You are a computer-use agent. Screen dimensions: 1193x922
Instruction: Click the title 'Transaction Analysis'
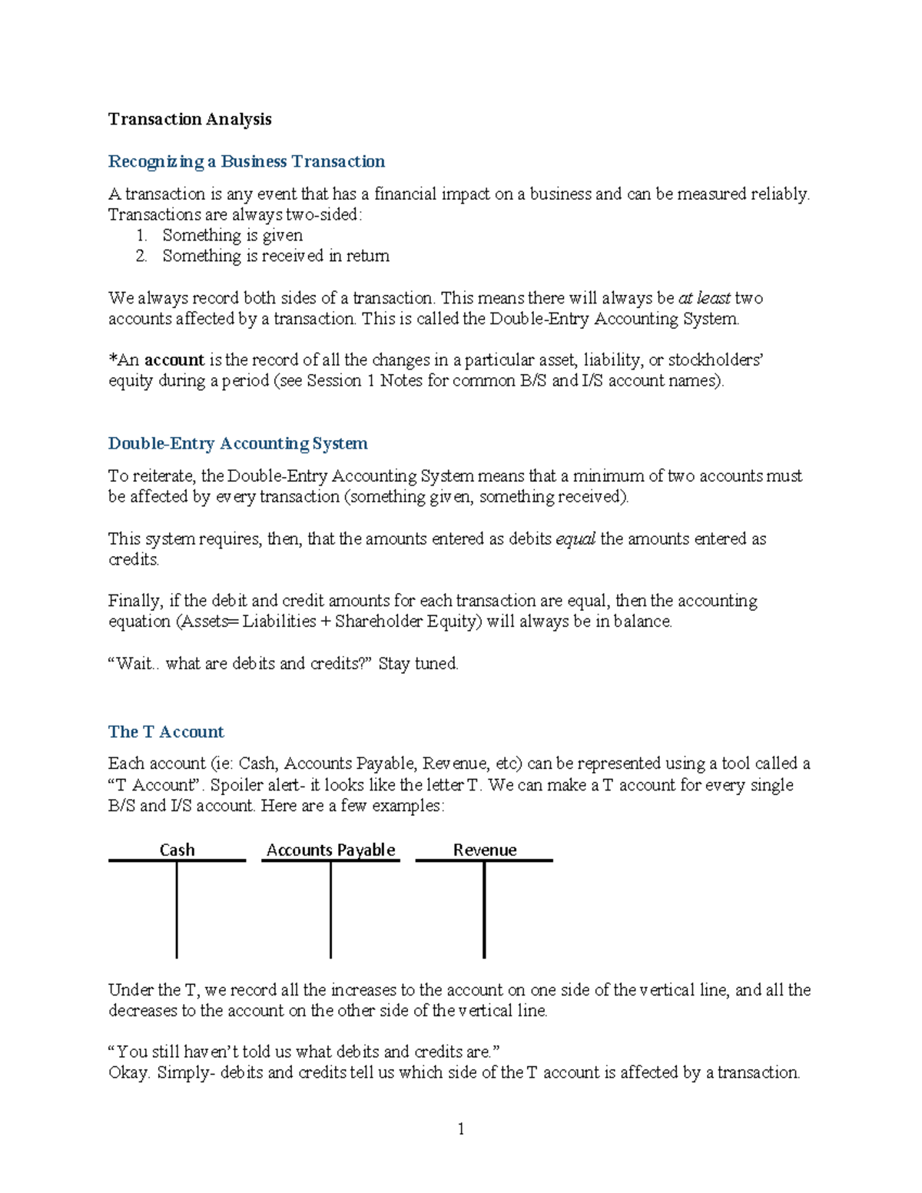click(190, 119)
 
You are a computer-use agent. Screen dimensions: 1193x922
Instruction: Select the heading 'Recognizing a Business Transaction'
click(247, 161)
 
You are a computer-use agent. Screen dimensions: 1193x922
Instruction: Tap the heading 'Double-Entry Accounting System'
click(237, 443)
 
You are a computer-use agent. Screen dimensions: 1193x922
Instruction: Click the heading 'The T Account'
click(166, 731)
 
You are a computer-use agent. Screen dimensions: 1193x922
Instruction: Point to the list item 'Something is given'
click(232, 235)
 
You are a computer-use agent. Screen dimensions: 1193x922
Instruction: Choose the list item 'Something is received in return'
click(275, 256)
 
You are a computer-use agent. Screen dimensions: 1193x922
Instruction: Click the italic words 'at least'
click(704, 298)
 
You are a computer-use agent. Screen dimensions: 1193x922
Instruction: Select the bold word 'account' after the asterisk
click(174, 360)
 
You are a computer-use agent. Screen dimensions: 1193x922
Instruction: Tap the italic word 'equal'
click(575, 539)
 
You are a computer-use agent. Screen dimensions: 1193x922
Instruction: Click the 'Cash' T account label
click(177, 850)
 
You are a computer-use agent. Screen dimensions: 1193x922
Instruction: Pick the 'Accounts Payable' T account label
click(330, 850)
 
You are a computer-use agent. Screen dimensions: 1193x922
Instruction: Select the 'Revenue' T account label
click(484, 850)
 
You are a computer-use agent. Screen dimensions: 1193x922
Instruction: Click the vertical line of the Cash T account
click(177, 910)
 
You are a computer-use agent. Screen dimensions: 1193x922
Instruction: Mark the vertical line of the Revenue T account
click(484, 910)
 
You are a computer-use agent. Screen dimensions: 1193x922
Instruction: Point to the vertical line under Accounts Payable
click(330, 910)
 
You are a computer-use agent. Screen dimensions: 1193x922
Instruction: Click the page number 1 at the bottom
click(460, 1128)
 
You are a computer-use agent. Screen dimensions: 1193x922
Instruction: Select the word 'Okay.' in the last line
click(129, 1073)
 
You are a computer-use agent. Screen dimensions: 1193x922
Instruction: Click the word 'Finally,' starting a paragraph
click(135, 601)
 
